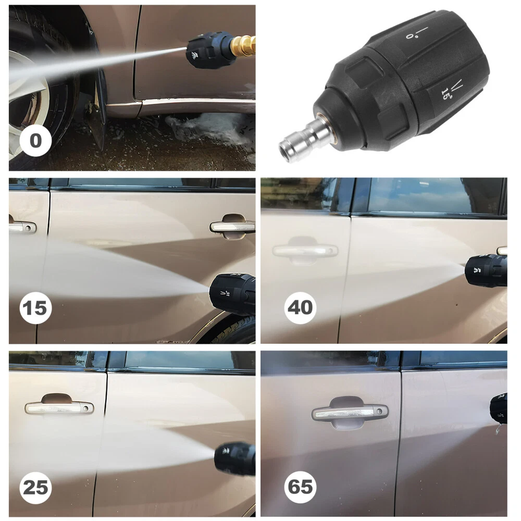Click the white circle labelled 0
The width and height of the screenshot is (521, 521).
[x=35, y=140]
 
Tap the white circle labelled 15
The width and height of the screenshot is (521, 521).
[x=35, y=308]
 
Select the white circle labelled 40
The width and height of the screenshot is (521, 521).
[x=301, y=308]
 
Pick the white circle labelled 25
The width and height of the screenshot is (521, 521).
[x=35, y=488]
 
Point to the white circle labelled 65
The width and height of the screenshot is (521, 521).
[x=301, y=487]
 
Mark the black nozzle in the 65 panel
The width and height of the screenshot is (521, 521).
[x=499, y=408]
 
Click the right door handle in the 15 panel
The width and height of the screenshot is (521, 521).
[x=232, y=227]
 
